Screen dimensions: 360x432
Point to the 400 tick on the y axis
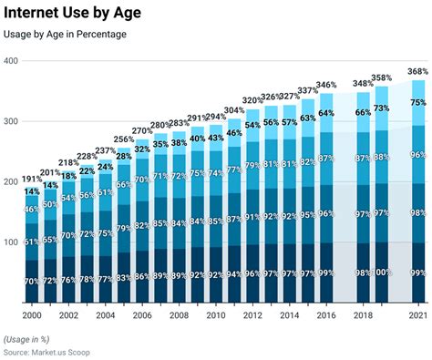(x=10, y=61)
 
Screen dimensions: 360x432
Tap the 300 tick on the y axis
(x=10, y=121)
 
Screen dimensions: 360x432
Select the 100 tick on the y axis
(x=10, y=242)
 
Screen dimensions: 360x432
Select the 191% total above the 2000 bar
(x=32, y=179)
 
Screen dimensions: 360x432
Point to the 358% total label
(x=382, y=78)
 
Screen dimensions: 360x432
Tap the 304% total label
(x=234, y=110)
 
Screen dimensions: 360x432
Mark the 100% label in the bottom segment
(x=382, y=273)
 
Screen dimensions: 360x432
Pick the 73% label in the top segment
(x=382, y=108)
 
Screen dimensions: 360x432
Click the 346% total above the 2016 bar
(x=326, y=84)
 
